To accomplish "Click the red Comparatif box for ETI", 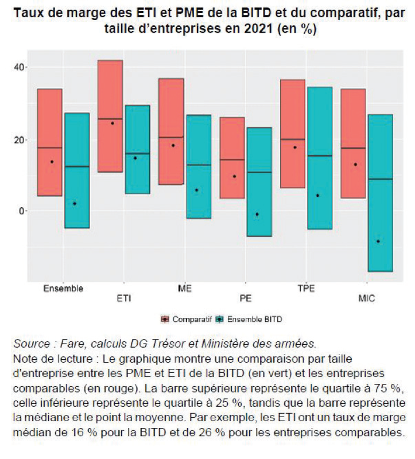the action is pos(110,116).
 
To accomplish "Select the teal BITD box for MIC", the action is pos(381,193).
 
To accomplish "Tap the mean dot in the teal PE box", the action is pos(257,215).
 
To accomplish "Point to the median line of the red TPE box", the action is pos(293,139).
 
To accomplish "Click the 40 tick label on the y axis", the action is pos(20,67).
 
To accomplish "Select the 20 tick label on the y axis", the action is pos(20,139).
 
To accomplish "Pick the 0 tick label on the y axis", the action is pos(22,211).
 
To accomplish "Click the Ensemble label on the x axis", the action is pos(63,289).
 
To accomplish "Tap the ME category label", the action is pos(184,289).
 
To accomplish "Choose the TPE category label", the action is pos(306,289).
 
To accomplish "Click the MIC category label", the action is pos(366,298).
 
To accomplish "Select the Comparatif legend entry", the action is pos(187,319).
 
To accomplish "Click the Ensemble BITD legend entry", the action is pos(249,319).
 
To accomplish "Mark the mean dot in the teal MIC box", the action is pos(378,242).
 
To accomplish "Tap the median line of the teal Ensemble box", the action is pos(77,166).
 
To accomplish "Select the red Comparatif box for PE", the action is pos(232,158).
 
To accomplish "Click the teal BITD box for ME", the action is pos(199,166).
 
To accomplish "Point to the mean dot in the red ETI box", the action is pos(113,123).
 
